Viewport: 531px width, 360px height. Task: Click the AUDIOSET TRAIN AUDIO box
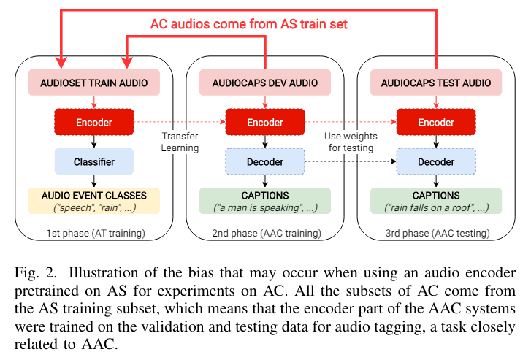point(94,83)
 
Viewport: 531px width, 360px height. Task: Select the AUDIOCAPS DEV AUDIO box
point(265,83)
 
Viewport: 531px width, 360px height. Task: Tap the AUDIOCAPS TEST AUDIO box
point(436,83)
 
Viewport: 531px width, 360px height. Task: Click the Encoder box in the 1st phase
point(94,122)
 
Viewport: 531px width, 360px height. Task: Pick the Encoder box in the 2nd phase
point(265,122)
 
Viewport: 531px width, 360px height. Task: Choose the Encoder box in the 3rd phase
point(436,122)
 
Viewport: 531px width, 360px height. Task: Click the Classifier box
point(94,161)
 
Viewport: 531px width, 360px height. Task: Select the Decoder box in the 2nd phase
point(265,161)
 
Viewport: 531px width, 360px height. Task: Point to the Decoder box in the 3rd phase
point(436,161)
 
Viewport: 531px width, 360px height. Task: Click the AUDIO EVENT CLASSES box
point(94,201)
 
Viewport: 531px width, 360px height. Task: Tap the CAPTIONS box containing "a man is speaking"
point(265,201)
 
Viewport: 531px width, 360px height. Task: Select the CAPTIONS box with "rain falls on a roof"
point(436,201)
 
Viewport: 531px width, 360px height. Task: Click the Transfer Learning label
point(180,142)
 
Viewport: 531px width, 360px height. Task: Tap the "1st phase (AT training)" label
point(94,233)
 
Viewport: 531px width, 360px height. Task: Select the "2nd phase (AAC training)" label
point(265,233)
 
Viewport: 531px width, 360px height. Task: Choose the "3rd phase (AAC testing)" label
point(436,233)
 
